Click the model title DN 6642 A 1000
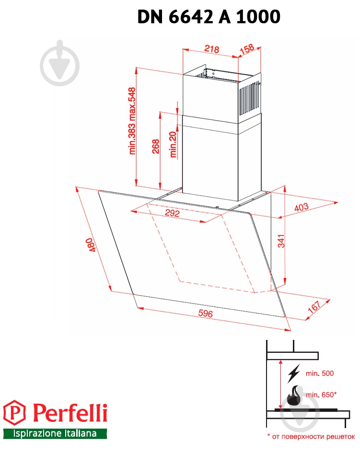point(209,17)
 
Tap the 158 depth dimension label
point(248,50)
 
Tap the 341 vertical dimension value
point(281,241)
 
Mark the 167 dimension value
point(314,307)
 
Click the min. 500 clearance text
point(319,373)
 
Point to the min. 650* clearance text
point(321,395)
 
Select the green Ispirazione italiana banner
point(55,433)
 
